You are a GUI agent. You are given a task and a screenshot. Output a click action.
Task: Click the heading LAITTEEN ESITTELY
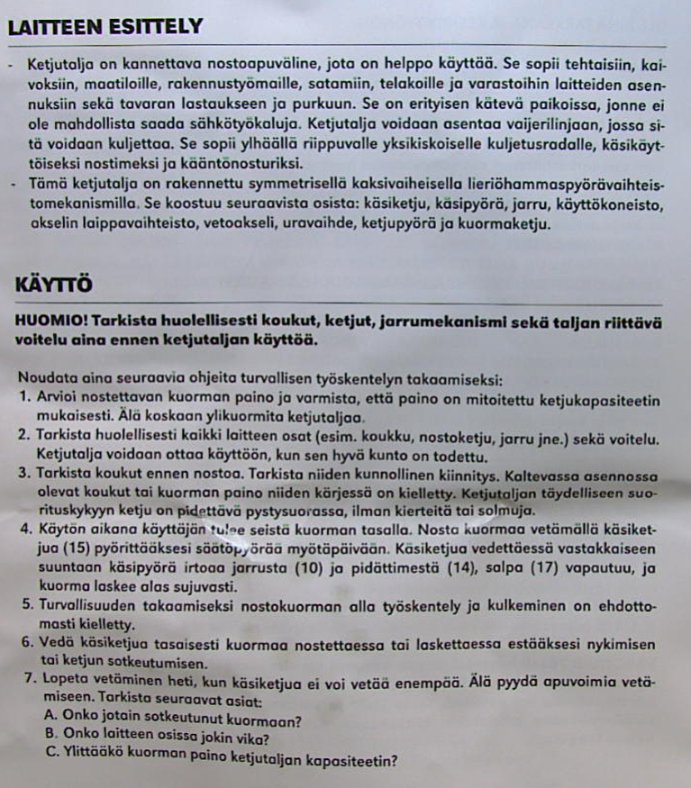pos(105,27)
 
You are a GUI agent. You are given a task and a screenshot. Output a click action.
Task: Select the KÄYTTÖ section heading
pos(54,285)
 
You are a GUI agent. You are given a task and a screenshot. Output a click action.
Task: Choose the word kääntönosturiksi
pos(251,166)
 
